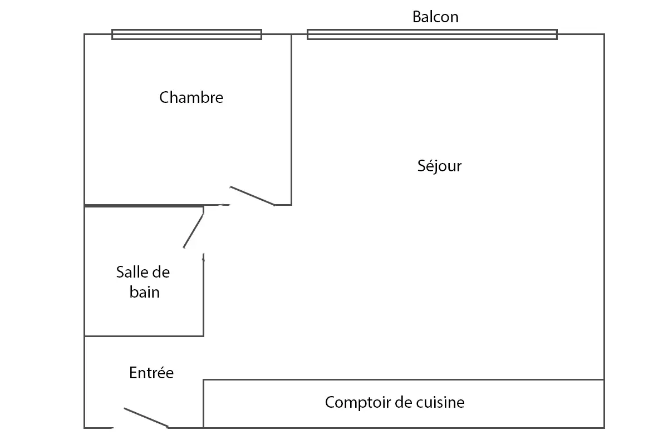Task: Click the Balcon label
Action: click(x=435, y=17)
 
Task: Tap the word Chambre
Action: click(x=191, y=97)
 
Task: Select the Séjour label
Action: click(x=439, y=166)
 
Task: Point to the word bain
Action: click(x=145, y=292)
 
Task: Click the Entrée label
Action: click(x=151, y=373)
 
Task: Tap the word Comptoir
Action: click(x=357, y=403)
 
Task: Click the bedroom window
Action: click(x=186, y=34)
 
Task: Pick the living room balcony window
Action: click(x=432, y=34)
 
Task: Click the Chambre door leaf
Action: click(x=252, y=196)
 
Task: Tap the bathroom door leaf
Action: click(x=194, y=231)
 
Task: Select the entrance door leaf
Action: click(x=146, y=418)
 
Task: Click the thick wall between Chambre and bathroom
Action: click(x=144, y=206)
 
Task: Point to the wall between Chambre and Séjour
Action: click(x=291, y=120)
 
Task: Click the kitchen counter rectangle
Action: click(x=404, y=380)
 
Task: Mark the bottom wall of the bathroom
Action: click(x=144, y=336)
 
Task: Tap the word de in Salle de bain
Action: click(x=161, y=272)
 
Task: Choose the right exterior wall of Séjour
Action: click(x=604, y=207)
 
